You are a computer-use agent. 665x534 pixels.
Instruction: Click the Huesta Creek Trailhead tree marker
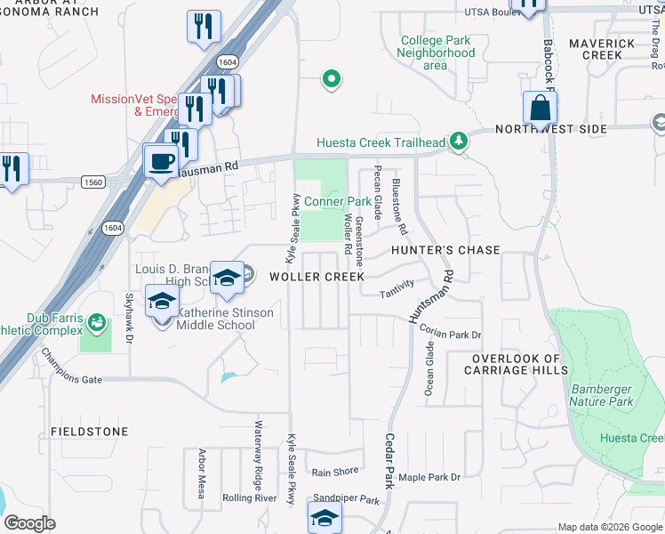458,142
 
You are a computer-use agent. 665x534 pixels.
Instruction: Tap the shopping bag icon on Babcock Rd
540,109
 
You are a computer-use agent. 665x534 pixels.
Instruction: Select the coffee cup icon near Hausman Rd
161,162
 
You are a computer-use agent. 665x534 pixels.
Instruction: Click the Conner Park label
338,202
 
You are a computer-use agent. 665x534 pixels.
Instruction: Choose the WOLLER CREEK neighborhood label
317,277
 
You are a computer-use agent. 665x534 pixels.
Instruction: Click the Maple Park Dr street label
429,478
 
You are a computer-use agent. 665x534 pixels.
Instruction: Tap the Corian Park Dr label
451,335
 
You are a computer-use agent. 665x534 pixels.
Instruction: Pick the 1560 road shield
92,182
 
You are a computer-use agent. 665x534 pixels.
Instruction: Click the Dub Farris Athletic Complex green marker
96,320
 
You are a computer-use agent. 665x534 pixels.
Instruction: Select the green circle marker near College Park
332,81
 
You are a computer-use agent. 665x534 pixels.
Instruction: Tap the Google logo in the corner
29,523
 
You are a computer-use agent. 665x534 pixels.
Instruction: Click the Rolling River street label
250,498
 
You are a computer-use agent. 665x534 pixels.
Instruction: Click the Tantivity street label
397,287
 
